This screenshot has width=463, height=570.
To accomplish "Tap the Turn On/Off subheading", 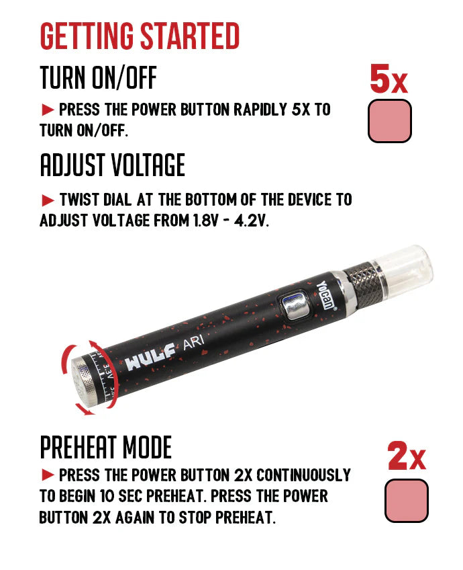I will tap(98, 78).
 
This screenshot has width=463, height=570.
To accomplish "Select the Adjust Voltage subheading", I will tap(112, 165).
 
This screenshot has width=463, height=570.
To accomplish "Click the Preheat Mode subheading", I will tap(105, 447).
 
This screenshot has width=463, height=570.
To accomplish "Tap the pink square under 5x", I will tap(389, 121).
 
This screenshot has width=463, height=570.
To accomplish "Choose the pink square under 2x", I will tap(406, 501).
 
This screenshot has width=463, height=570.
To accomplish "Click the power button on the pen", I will tap(295, 304).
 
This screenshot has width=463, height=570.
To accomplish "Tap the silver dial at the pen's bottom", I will tap(83, 380).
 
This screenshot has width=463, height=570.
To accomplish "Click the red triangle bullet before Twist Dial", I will tap(47, 200).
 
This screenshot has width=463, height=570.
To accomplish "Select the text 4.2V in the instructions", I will tap(251, 220).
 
